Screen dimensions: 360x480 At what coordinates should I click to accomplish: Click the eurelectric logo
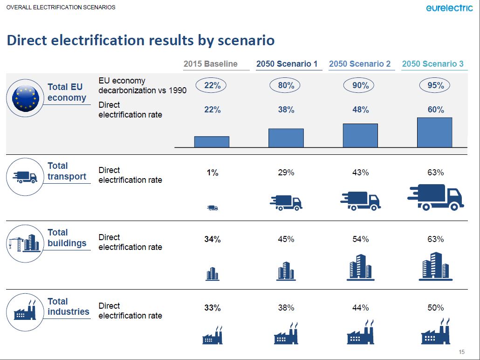pyautogui.click(x=449, y=8)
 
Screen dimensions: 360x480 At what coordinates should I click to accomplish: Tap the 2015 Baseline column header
pyautogui.click(x=211, y=64)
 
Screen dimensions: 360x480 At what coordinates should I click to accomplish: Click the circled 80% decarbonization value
pyautogui.click(x=286, y=85)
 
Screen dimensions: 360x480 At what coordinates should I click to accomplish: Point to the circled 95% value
pyautogui.click(x=435, y=85)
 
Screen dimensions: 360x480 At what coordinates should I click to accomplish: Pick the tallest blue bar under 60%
pyautogui.click(x=434, y=132)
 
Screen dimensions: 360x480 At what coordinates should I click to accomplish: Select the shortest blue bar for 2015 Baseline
pyautogui.click(x=212, y=142)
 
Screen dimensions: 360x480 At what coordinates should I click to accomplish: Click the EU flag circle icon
pyautogui.click(x=25, y=97)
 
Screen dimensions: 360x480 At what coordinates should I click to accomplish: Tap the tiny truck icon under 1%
pyautogui.click(x=213, y=208)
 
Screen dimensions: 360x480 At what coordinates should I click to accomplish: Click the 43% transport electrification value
pyautogui.click(x=360, y=173)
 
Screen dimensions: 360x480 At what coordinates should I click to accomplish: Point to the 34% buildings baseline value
pyautogui.click(x=212, y=239)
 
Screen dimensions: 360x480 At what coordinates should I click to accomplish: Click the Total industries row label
pyautogui.click(x=68, y=306)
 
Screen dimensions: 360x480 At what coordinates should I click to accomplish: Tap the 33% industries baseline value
pyautogui.click(x=212, y=308)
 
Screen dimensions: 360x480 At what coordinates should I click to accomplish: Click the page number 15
pyautogui.click(x=462, y=352)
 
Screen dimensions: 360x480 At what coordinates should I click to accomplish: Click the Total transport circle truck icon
pyautogui.click(x=25, y=177)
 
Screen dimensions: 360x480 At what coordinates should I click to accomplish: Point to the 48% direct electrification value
pyautogui.click(x=360, y=110)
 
